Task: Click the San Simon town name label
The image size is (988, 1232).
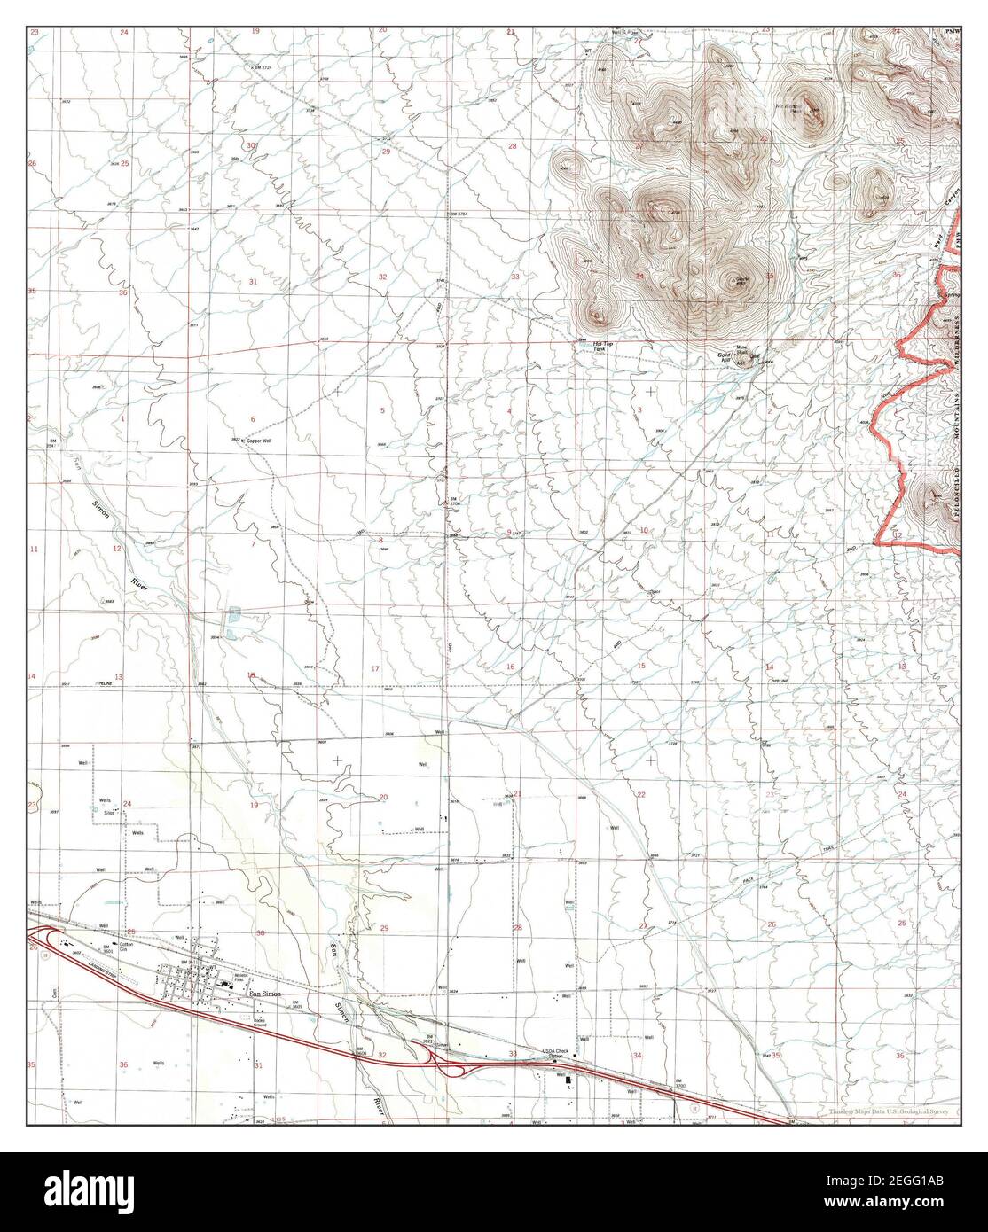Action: point(264,994)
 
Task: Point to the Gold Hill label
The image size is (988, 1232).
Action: point(725,358)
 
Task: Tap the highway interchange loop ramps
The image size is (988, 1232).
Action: point(451,1062)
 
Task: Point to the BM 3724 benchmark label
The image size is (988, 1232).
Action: point(259,66)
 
